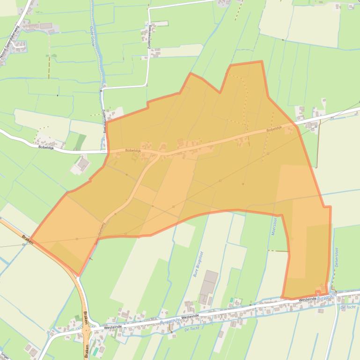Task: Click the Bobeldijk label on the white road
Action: [48, 147]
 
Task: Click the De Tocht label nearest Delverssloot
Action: [347, 307]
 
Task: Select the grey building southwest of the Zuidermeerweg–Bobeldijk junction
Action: [83, 164]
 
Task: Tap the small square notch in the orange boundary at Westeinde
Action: [318, 293]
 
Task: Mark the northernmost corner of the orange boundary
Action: [261, 61]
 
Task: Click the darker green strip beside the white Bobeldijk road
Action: [81, 142]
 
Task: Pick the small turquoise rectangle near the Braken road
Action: [96, 350]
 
